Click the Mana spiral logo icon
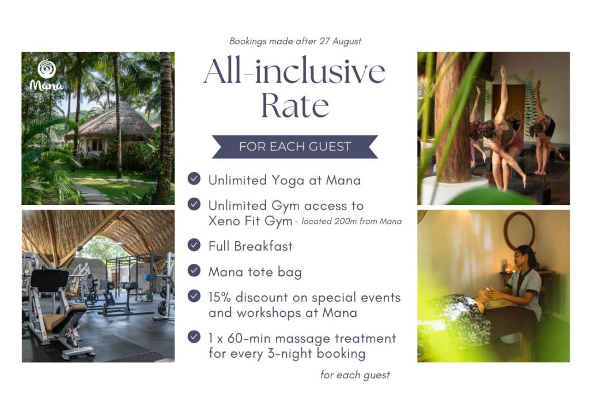[47, 69]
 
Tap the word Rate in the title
[295, 105]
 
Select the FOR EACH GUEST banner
[295, 146]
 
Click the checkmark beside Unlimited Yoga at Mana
[194, 179]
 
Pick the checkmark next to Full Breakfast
[194, 245]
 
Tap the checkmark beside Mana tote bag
[194, 270]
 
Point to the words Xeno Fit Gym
[250, 221]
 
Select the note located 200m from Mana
[351, 222]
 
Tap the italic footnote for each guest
[355, 375]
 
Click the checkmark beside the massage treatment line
[194, 336]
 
